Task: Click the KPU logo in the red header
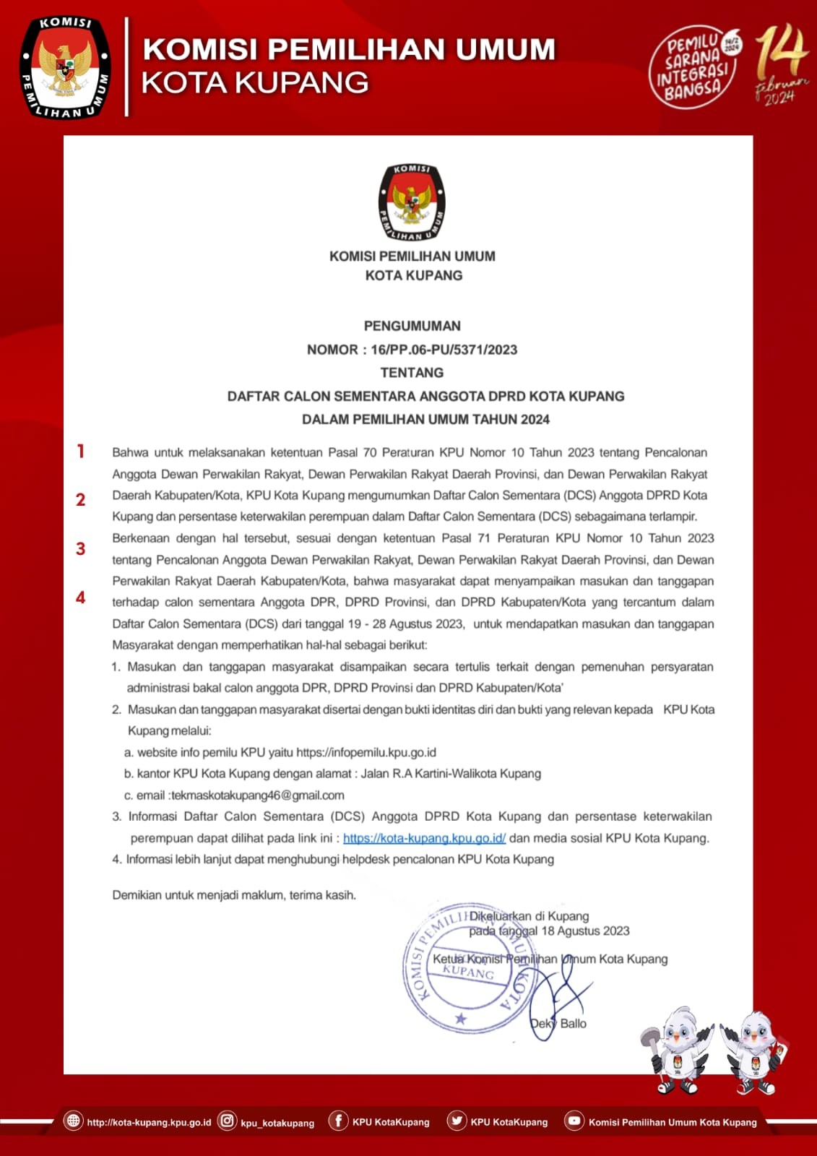[66, 67]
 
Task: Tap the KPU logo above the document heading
[412, 202]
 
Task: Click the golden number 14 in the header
[780, 53]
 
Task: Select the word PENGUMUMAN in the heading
[412, 326]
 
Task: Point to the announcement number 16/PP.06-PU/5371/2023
[444, 350]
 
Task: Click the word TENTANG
[412, 373]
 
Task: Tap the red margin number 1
[81, 452]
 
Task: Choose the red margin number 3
[81, 549]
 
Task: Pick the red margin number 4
[81, 598]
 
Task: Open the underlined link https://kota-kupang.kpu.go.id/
[424, 838]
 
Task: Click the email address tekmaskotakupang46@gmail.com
[258, 795]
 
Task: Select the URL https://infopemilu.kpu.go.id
[366, 752]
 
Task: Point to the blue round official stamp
[468, 968]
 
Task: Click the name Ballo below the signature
[574, 1023]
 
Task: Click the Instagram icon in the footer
[228, 1121]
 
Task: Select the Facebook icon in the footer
[338, 1121]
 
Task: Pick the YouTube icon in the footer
[574, 1121]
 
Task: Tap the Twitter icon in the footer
[457, 1121]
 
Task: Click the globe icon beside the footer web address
[73, 1121]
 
